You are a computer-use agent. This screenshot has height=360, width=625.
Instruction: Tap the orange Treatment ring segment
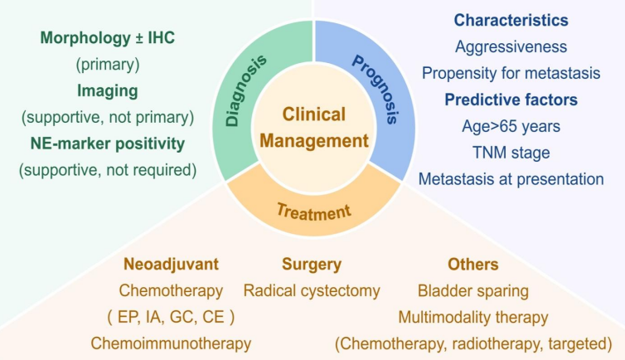point(312,212)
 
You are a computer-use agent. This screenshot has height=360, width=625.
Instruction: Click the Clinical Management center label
point(313,128)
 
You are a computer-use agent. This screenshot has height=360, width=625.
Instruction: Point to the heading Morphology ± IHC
point(108,37)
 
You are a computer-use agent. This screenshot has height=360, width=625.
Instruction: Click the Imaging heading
point(108,90)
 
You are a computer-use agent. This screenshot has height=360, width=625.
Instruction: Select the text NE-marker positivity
point(108,144)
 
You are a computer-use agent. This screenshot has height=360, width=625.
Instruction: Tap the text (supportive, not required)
point(108,170)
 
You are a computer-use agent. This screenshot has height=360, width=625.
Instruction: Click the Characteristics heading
point(511,20)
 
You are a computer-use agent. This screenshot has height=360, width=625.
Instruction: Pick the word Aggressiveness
point(511,47)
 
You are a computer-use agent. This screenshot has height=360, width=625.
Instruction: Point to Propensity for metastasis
point(511,73)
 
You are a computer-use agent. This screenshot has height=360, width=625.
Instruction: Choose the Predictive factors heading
point(511,100)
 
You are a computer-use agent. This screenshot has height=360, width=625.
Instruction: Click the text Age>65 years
point(511,126)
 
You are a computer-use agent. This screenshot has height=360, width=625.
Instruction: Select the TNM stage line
point(511,153)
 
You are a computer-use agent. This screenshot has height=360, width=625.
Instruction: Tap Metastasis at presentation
point(511,178)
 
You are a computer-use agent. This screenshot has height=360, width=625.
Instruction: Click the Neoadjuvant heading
point(171,265)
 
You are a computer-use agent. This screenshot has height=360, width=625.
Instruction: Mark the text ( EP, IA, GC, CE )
point(171,316)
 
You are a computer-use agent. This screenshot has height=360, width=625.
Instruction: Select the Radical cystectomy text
point(312,290)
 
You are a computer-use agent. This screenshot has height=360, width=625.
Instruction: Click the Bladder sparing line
point(473,290)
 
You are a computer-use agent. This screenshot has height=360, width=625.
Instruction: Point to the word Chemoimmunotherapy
point(171,343)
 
